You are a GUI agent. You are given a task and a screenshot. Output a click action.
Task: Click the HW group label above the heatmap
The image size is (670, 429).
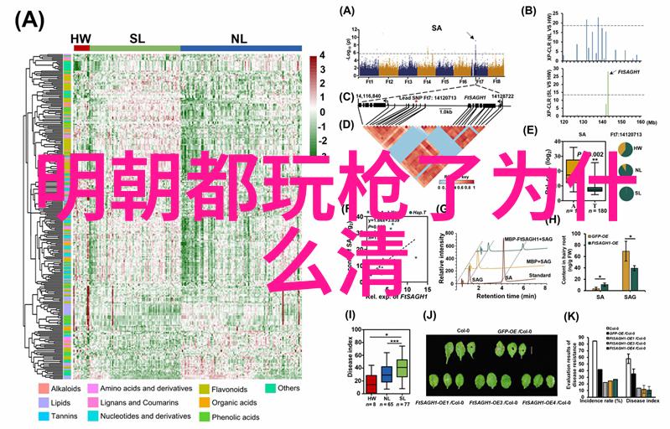coord(81,39)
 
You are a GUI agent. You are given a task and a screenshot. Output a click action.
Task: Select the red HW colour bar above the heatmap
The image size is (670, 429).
coord(81,48)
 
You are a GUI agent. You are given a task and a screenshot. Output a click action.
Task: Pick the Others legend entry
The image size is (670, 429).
coord(284,389)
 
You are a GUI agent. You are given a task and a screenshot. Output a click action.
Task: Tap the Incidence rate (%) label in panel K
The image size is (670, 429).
coord(601,401)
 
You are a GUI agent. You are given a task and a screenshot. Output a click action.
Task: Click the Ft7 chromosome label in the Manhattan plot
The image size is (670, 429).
coord(480,81)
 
